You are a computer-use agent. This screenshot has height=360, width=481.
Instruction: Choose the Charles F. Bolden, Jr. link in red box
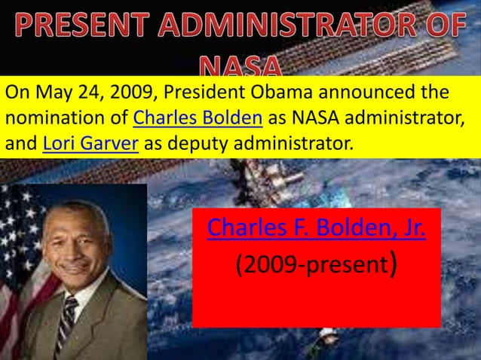click(x=316, y=226)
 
